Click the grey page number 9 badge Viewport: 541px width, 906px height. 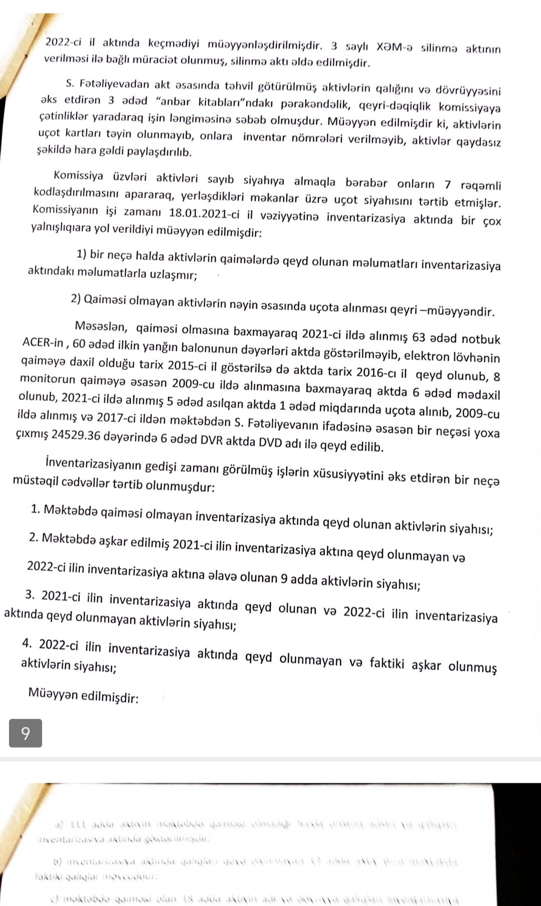pos(26,733)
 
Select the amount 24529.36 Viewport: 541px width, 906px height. pos(75,435)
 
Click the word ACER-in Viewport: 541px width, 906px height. pos(43,343)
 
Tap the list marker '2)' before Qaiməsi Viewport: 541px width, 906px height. pos(76,299)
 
